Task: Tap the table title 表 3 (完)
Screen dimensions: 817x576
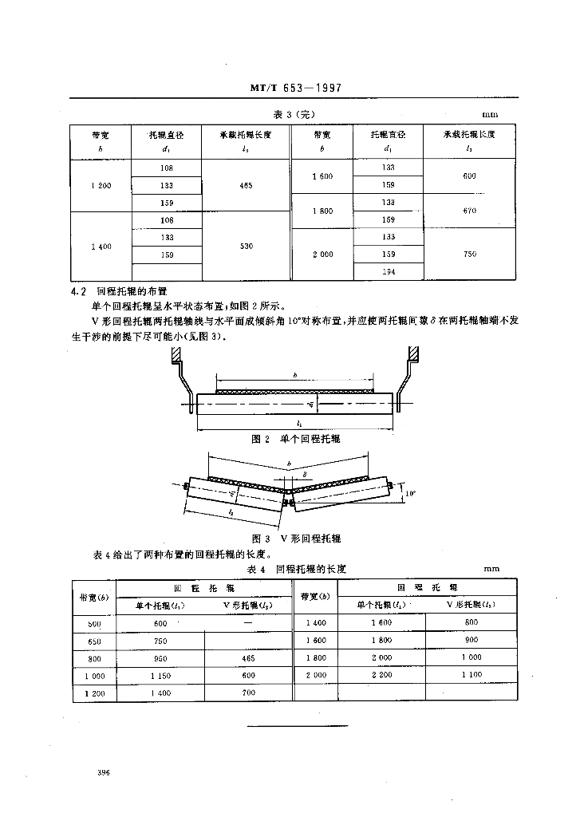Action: tap(293, 113)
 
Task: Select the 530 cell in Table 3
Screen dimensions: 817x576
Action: tap(247, 247)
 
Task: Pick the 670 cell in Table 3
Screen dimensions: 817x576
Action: tap(469, 211)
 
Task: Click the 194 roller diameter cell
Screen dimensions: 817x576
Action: tap(389, 272)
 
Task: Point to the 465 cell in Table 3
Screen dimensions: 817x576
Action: tap(247, 186)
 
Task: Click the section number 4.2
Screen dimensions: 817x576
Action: tap(79, 292)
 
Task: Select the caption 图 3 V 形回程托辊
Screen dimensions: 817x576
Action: tap(296, 538)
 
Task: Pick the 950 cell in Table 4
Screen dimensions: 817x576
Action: tap(160, 658)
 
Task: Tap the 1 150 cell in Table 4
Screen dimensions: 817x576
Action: tap(160, 675)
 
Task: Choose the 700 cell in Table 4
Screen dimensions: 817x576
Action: tap(250, 693)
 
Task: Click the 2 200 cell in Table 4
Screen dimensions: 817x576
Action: tap(382, 675)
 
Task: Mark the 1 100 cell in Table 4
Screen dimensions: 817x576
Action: tap(471, 675)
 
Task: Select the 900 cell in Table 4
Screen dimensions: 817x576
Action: tap(471, 641)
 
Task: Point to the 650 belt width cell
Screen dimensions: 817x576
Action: tap(93, 641)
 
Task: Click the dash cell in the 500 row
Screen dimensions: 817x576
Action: tap(250, 623)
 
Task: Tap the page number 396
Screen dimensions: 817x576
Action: tap(103, 773)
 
